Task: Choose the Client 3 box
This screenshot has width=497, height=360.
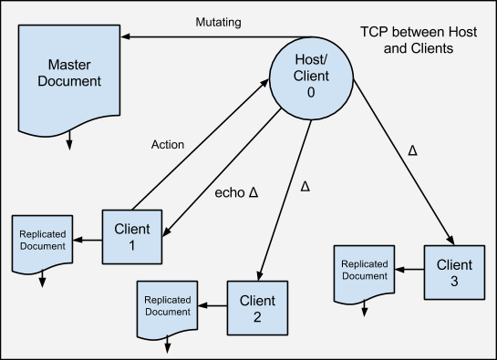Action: (x=453, y=272)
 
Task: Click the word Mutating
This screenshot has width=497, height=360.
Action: (x=219, y=22)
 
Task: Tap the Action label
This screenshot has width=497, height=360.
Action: (x=169, y=144)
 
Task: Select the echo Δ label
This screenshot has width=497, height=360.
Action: (x=236, y=192)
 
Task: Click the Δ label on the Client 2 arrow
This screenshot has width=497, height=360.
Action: (x=305, y=186)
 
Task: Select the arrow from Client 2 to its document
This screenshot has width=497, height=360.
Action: (x=213, y=306)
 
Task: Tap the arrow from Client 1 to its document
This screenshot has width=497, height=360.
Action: (x=88, y=241)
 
